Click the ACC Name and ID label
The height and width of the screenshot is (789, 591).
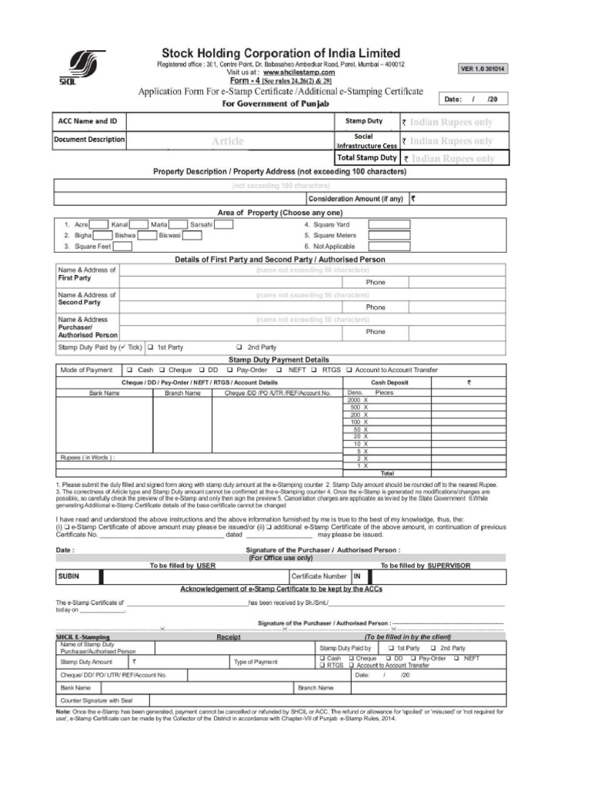88,122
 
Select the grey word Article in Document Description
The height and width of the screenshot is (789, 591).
228,141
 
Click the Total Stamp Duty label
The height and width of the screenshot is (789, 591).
366,158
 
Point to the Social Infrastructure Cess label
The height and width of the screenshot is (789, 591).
366,141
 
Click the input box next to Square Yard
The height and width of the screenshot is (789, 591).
389,224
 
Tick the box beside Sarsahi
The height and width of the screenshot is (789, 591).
224,224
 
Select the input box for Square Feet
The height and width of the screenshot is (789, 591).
123,247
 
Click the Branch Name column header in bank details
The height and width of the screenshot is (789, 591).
182,393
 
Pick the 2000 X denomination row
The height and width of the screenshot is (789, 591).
359,401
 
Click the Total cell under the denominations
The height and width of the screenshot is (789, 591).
387,472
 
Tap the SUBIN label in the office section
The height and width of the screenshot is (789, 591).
68,576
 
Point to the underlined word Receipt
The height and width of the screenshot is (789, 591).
229,637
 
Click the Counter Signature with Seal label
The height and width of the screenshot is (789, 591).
96,700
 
